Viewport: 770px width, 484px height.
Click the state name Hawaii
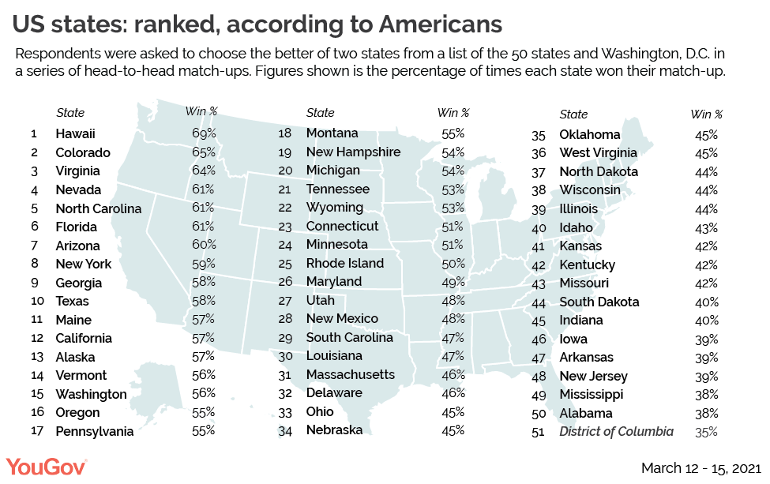(76, 133)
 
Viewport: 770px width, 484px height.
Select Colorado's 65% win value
(203, 152)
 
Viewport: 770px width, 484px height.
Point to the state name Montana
(332, 133)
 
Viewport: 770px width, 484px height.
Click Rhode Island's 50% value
(453, 263)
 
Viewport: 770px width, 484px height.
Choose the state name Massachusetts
(350, 374)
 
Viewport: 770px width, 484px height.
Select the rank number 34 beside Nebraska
(286, 430)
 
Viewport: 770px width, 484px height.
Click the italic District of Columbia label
(616, 431)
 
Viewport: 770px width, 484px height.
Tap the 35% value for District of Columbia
(706, 431)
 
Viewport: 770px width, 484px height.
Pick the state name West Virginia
(598, 153)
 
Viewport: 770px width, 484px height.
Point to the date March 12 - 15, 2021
(701, 468)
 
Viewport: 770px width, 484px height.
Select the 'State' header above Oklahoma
(573, 114)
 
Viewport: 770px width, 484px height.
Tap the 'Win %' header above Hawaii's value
(201, 112)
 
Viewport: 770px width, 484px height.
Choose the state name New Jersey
(593, 376)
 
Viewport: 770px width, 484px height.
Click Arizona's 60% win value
(203, 245)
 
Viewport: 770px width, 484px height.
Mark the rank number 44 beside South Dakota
(539, 302)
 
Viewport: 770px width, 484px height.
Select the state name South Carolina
(349, 337)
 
